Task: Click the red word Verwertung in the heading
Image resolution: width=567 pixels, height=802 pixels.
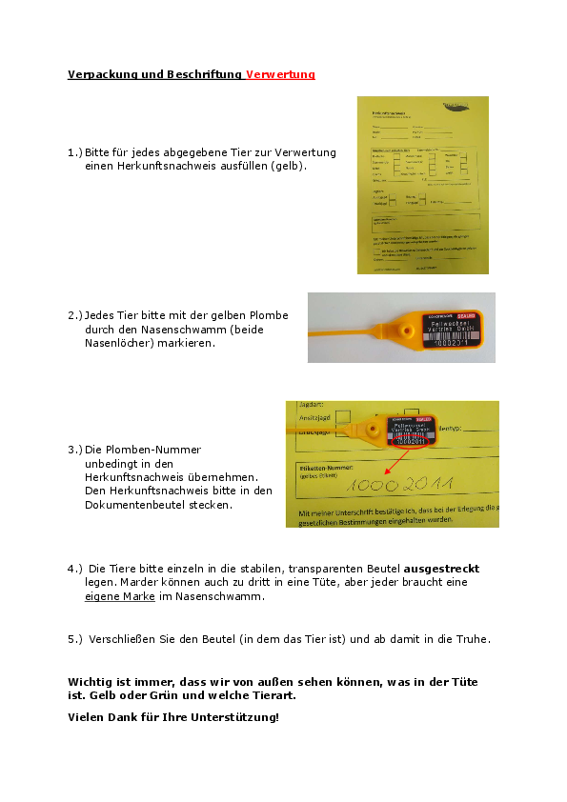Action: point(280,74)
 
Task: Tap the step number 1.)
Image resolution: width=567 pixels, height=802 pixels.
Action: point(75,152)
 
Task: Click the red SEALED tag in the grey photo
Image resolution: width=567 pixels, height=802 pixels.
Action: point(466,314)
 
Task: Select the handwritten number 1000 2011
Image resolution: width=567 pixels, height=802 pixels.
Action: point(399,486)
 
